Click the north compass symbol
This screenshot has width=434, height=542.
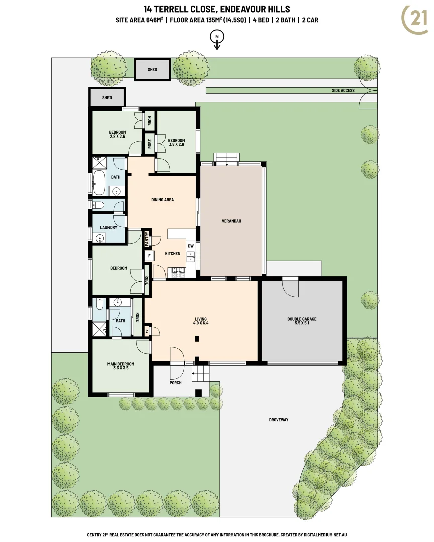(217, 37)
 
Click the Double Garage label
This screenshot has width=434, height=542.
(302, 321)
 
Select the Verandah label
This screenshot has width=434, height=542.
(232, 221)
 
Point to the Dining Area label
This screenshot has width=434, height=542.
(162, 200)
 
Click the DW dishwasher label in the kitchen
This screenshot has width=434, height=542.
(191, 246)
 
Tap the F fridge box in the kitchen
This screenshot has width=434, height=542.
(149, 256)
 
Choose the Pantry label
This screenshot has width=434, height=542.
(147, 239)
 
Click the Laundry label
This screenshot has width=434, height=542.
(108, 227)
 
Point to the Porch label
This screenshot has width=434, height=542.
(175, 383)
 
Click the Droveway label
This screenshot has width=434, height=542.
(278, 420)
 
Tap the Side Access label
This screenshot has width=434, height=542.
(343, 91)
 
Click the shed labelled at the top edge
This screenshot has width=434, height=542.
(152, 70)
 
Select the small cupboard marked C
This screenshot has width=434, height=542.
(147, 331)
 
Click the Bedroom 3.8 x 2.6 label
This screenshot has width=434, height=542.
(176, 142)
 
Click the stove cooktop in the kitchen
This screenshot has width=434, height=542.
(177, 271)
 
